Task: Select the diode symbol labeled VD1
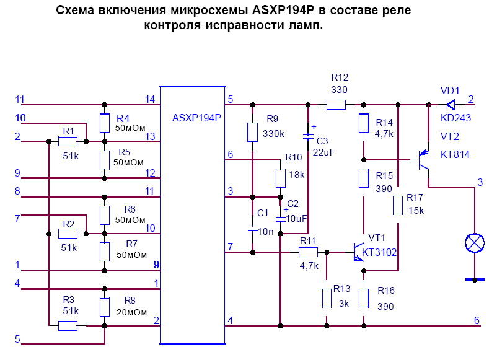451,105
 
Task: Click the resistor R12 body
336,105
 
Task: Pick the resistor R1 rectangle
68,142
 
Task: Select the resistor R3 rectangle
68,325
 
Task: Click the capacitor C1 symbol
252,229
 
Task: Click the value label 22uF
324,152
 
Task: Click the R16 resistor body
364,297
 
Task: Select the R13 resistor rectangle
327,298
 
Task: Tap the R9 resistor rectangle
252,132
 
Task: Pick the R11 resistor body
308,252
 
